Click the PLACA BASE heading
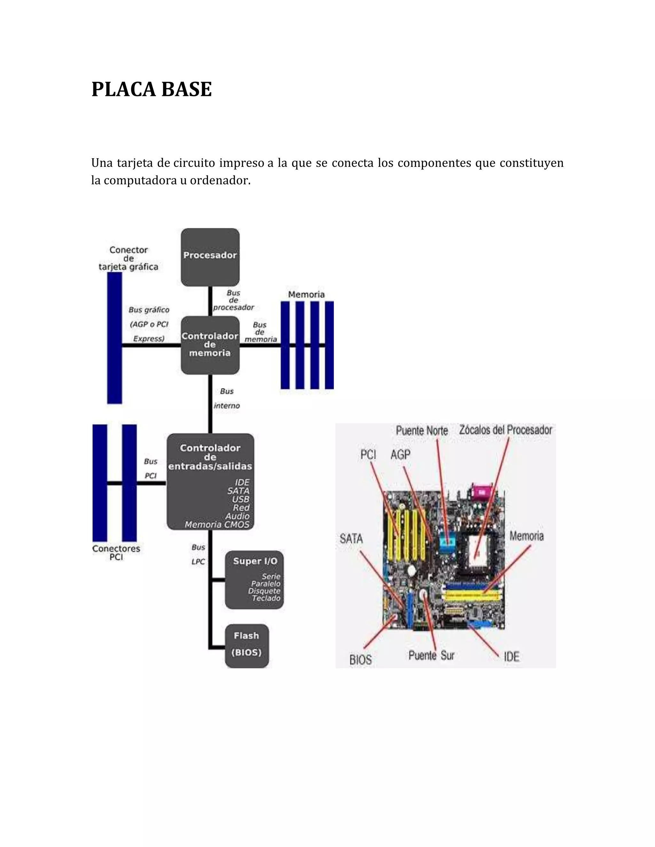(151, 89)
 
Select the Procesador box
(210, 257)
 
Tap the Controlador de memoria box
(210, 345)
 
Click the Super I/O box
(254, 579)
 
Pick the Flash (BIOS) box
(247, 646)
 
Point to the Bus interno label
(227, 399)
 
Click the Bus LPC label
(198, 554)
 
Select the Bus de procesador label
(233, 300)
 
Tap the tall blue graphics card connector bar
(114, 338)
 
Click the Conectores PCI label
(116, 553)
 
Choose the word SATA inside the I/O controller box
(238, 491)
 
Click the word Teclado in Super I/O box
(266, 598)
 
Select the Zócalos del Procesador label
(506, 430)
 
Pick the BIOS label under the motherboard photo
(360, 660)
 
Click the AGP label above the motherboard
(400, 455)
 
